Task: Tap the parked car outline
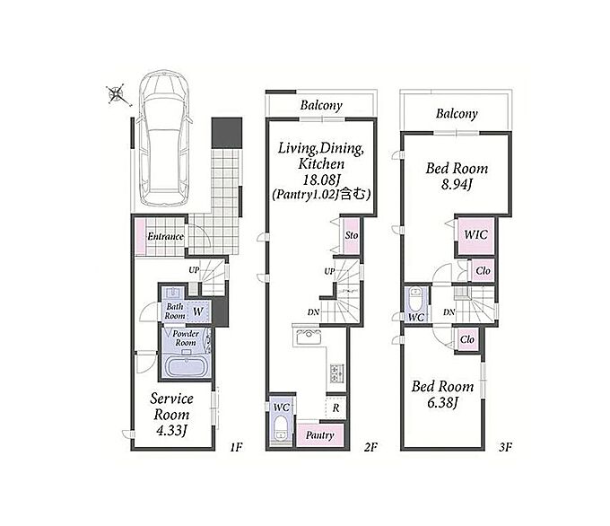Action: [165, 138]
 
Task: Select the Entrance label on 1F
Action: [165, 236]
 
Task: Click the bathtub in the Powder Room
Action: [187, 367]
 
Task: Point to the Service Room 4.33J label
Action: [171, 415]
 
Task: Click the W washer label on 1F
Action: [198, 311]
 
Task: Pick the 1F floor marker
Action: [236, 447]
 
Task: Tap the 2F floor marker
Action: [370, 447]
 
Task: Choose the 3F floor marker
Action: [505, 447]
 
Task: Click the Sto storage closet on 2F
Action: [352, 235]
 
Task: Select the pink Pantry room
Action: [320, 435]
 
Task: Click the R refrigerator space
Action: [335, 408]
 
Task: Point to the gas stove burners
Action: [337, 373]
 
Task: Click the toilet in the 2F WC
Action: [280, 428]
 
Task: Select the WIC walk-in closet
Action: [475, 235]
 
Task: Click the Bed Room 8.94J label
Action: [457, 176]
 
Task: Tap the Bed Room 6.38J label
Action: [443, 394]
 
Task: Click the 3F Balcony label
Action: [457, 113]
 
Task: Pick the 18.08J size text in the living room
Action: [321, 180]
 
